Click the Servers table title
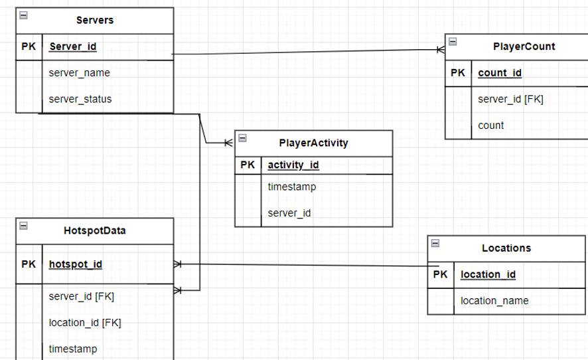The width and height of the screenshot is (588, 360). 95,20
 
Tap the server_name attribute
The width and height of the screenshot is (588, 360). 79,72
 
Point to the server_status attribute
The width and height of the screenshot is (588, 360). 80,99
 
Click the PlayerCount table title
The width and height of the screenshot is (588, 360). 524,46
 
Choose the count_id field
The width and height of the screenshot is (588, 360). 499,73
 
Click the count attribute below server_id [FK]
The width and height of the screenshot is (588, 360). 490,125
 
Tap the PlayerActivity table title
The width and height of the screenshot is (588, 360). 313,142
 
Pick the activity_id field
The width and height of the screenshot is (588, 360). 294,165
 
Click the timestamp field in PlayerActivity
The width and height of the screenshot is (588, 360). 291,187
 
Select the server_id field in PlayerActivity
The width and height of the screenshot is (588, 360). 289,213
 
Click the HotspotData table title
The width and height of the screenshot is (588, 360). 95,230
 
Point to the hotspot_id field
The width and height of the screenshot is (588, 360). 76,264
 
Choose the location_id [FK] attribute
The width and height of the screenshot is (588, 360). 85,323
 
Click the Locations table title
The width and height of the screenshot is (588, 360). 506,248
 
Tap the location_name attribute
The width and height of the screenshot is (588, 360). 494,301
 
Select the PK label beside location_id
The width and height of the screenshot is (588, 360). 440,274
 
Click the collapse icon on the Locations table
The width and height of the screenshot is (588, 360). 435,243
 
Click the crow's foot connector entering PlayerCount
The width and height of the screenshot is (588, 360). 440,49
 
